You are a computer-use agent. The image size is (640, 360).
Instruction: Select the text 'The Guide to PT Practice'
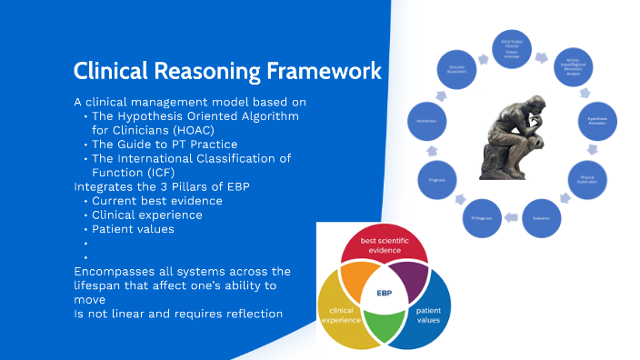click(165, 144)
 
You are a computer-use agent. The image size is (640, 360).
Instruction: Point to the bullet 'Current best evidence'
click(156, 200)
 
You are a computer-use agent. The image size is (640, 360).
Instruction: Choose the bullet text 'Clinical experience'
click(146, 215)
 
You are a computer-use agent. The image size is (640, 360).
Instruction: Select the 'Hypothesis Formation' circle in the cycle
click(595, 120)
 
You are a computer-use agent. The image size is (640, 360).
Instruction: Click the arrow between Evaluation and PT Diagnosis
click(511, 217)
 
